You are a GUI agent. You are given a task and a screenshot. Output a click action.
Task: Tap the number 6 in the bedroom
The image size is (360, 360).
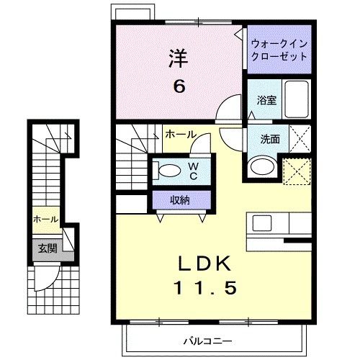(x=179, y=86)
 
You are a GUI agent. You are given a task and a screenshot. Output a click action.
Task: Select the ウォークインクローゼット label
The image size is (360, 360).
(x=280, y=50)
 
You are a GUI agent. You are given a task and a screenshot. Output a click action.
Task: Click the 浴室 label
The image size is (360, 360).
(x=267, y=100)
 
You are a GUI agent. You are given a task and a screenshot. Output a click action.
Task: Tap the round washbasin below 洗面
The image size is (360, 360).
(x=261, y=167)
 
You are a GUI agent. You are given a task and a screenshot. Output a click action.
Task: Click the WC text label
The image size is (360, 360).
(x=194, y=171)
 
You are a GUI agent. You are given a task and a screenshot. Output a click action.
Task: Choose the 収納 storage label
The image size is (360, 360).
(x=180, y=200)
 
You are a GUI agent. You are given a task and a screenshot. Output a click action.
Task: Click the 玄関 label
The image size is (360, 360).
(x=48, y=249)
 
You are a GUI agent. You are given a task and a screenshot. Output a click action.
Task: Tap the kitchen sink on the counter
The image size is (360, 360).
(x=261, y=222)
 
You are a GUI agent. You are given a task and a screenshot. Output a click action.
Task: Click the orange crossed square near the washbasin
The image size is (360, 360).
(x=297, y=171)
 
